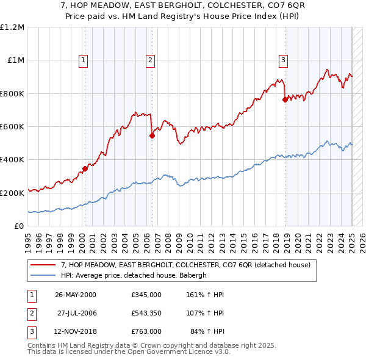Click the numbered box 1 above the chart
point(82,60)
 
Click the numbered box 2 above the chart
point(149,60)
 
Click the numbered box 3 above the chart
point(284,60)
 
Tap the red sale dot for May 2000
point(85,169)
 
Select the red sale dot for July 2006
point(152,136)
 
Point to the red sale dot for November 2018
point(285,100)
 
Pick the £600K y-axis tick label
point(12,127)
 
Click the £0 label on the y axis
point(19,226)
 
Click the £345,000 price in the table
point(146,295)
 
